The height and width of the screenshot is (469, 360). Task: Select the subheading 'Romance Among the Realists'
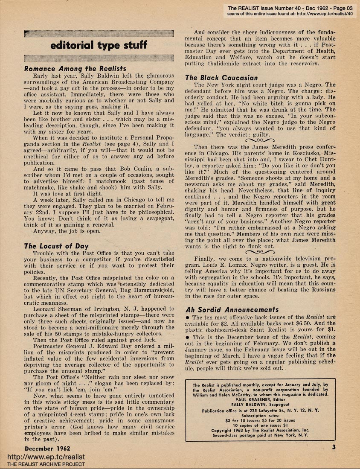coord(75,68)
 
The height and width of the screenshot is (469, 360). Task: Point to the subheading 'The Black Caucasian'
coord(221,77)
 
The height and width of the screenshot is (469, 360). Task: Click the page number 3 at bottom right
coord(334,447)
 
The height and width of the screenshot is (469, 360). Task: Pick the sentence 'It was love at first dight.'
coord(70,193)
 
